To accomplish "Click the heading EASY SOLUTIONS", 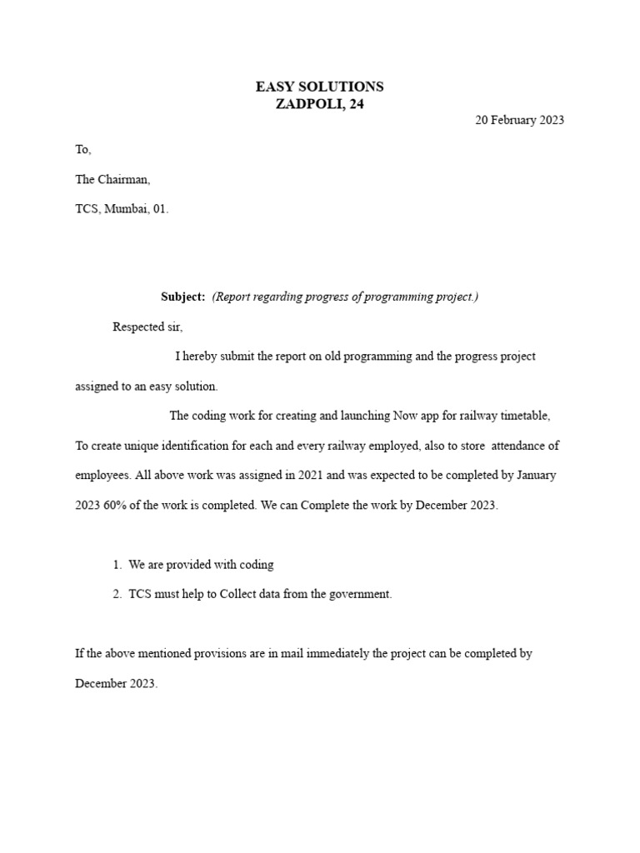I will click(x=319, y=87).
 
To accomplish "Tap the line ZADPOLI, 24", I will click(x=319, y=104).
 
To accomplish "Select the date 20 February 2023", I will click(x=519, y=120).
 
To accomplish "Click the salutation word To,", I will click(x=82, y=150).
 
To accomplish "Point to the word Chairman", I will click(x=124, y=179).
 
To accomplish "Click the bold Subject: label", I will click(x=182, y=297).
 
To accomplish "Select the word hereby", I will click(x=202, y=357).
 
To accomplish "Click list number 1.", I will click(x=117, y=565).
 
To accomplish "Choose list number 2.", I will click(x=117, y=595).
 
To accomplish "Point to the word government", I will click(x=360, y=595).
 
